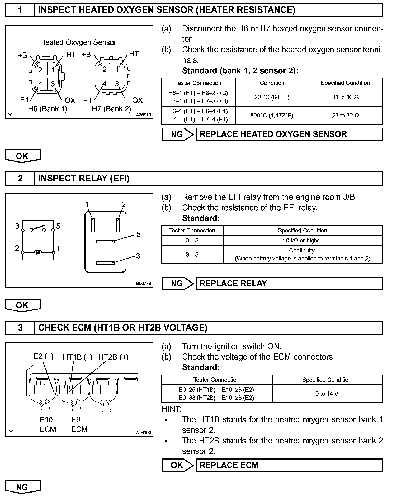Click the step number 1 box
pos(20,10)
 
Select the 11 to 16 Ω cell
pos(346,97)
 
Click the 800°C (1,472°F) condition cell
pos(272,115)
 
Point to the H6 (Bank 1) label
pos(48,109)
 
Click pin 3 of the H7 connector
pos(117,84)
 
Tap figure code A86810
pos(144,115)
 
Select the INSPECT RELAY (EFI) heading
pos(84,179)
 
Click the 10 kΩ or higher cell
pos(303,241)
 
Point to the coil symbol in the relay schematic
pos(38,253)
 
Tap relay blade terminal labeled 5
pos(105,241)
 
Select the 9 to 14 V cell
pos(327,394)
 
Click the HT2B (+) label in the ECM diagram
pos(114,357)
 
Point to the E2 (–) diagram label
pos(44,356)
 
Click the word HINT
pos(171,409)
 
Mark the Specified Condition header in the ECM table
pos(327,380)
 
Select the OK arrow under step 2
pos(23,305)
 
